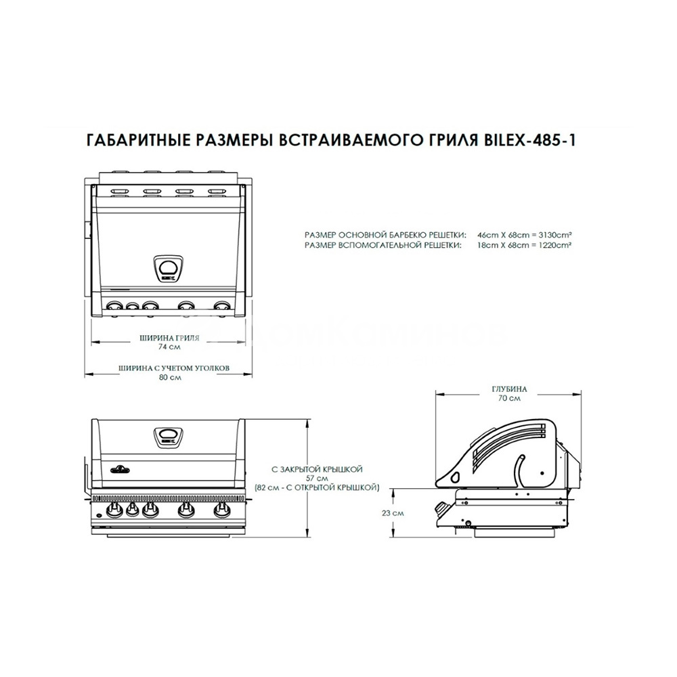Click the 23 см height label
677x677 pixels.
tap(396, 512)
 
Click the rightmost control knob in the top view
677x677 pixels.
tap(221, 306)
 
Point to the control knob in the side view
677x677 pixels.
tap(441, 508)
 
